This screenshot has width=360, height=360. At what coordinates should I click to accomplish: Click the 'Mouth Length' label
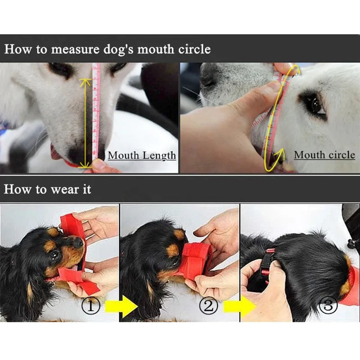[x=142, y=156]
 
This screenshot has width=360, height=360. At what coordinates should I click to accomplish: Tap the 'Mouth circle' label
[x=324, y=155]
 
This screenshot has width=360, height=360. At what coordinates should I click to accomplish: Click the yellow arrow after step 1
[x=121, y=306]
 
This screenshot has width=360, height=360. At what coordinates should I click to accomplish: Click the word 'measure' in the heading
[x=75, y=49]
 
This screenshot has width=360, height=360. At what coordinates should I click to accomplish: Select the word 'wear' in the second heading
[x=64, y=190]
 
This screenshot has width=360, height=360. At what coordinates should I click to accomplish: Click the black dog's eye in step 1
[x=55, y=254]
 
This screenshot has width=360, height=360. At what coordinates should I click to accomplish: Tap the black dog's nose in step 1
[x=78, y=242]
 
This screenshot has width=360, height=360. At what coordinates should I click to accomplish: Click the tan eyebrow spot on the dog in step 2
[x=173, y=250]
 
